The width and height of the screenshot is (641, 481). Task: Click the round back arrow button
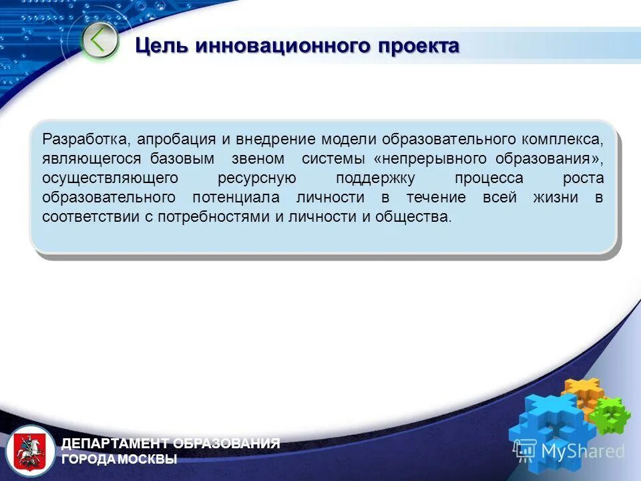[99, 41]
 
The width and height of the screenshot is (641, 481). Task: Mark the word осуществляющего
[110, 178]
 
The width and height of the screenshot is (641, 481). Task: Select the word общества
[413, 217]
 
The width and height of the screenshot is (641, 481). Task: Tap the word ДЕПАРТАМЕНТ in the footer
[116, 444]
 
